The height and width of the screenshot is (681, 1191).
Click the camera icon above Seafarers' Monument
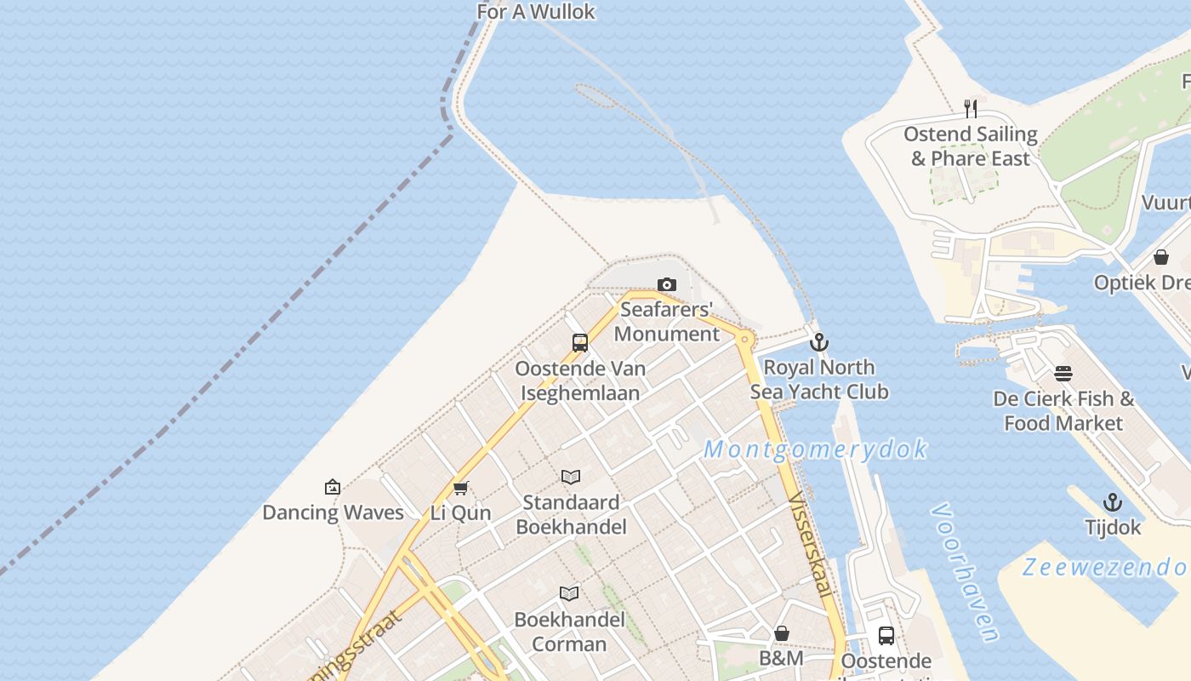click(x=667, y=285)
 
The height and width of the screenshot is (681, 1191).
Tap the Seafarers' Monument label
click(x=667, y=322)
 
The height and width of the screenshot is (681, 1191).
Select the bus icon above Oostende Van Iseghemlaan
click(x=580, y=343)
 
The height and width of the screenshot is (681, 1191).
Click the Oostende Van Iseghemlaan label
click(x=580, y=381)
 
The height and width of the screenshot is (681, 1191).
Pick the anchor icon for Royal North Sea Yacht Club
click(x=819, y=342)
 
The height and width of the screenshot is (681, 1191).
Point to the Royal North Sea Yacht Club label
click(x=819, y=380)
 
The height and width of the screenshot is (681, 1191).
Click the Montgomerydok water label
click(x=815, y=449)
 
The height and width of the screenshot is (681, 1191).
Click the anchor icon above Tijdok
click(x=1112, y=502)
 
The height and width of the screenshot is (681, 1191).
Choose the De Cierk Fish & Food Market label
click(x=1063, y=411)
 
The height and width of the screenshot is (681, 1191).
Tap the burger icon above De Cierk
click(x=1063, y=374)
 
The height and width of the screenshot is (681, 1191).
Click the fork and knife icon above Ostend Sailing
click(x=970, y=109)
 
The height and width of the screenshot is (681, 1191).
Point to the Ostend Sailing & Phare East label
click(x=970, y=146)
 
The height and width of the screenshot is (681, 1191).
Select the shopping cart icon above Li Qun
click(x=461, y=488)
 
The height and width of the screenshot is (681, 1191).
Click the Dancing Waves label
click(x=333, y=512)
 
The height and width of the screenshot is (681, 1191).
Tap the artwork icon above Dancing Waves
click(x=333, y=487)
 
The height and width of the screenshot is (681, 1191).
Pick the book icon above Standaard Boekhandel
click(x=571, y=477)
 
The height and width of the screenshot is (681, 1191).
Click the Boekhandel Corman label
click(x=569, y=632)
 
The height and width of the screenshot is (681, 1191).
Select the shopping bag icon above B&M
click(x=781, y=633)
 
